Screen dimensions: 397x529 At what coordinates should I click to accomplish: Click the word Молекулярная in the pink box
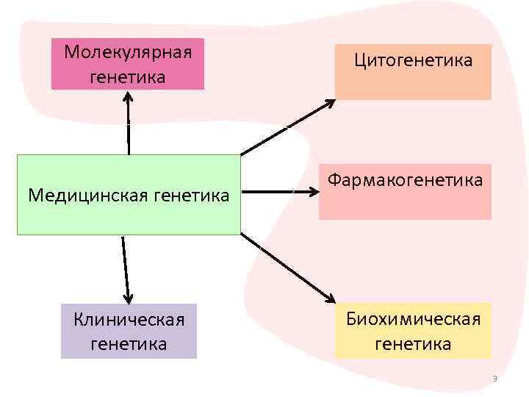[128, 53]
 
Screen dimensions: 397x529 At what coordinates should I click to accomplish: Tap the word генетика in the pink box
[128, 76]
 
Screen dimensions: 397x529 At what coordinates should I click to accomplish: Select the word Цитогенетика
[413, 60]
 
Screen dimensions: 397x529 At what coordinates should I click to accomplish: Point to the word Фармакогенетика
[405, 180]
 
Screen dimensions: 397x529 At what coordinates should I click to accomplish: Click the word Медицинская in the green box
[82, 196]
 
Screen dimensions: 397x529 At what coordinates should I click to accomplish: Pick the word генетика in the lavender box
[129, 343]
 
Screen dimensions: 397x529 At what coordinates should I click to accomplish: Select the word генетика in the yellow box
[414, 343]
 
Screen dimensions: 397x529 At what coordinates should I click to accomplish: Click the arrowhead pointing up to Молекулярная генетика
[128, 97]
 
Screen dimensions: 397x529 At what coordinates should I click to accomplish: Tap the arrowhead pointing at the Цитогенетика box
[328, 104]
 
